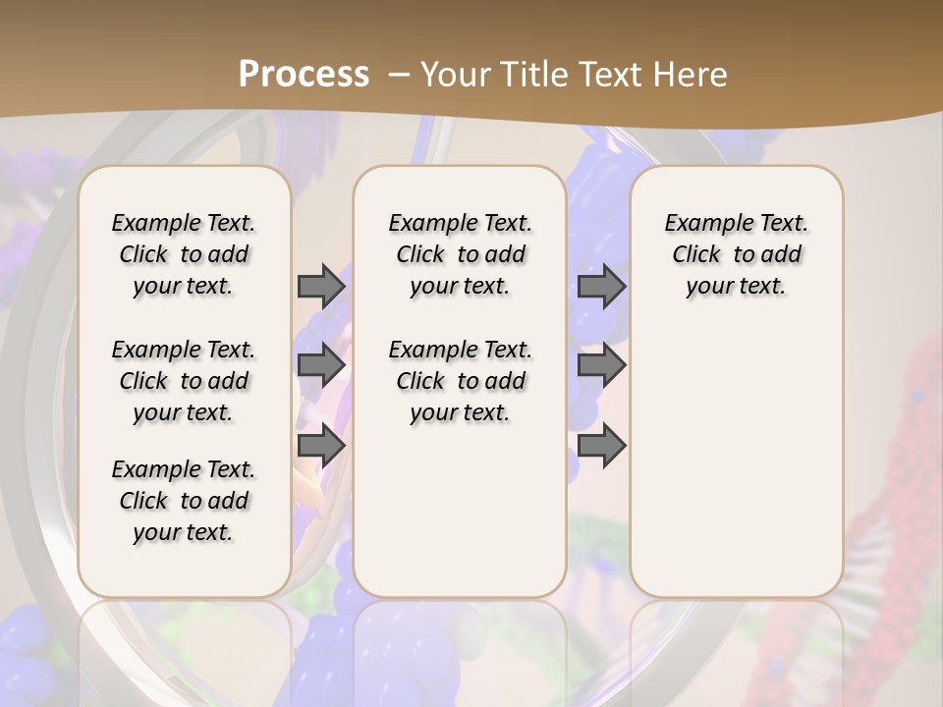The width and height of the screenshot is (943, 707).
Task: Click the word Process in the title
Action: point(304,74)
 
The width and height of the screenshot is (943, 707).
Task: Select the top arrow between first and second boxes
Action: point(321,286)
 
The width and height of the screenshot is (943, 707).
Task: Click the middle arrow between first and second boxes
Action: point(321,365)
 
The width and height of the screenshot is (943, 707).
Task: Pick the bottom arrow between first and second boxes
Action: point(321,445)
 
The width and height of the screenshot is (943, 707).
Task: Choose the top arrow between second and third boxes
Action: point(601,286)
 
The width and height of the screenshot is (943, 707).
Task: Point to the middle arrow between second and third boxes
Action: point(601,365)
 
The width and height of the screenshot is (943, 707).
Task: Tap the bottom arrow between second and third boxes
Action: point(601,445)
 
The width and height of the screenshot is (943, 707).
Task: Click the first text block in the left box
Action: point(184,254)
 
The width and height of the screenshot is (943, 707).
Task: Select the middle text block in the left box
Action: point(184,381)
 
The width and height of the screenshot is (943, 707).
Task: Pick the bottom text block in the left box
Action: point(184,501)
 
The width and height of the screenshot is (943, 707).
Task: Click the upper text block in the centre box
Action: point(460,254)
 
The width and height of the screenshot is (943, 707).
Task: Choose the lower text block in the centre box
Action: point(460,381)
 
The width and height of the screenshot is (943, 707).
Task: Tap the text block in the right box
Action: point(736,254)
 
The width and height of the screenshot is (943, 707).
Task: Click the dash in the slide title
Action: point(399,74)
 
